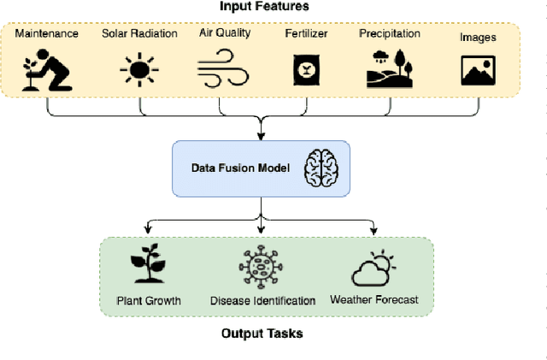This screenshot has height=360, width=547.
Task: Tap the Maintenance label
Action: pyautogui.click(x=48, y=33)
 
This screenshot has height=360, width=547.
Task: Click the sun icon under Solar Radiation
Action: pyautogui.click(x=138, y=68)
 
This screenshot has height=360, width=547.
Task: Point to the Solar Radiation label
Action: pyautogui.click(x=139, y=33)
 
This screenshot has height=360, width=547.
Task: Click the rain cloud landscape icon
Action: pyautogui.click(x=390, y=67)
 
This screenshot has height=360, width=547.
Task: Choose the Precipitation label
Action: pyautogui.click(x=390, y=33)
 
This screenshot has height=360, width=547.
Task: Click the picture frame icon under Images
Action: pyautogui.click(x=478, y=69)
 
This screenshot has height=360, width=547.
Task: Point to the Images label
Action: pyautogui.click(x=478, y=38)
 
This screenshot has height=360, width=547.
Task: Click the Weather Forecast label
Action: pyautogui.click(x=374, y=300)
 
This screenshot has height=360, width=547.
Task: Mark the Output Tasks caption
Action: pyautogui.click(x=262, y=333)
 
